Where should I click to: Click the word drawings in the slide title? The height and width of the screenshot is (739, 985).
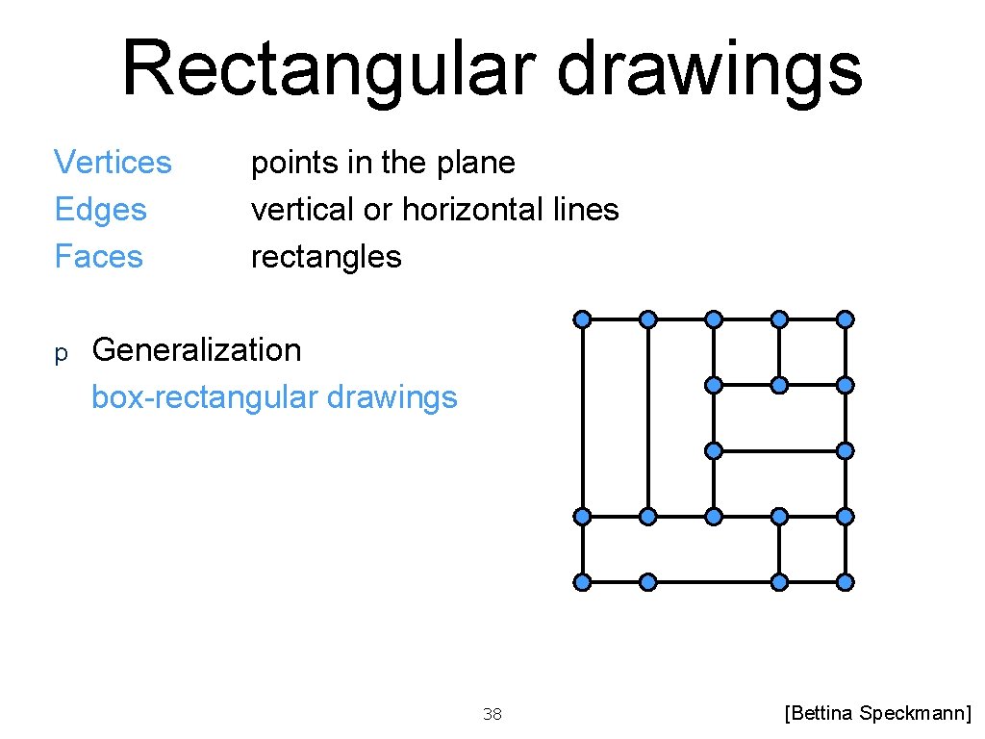(x=710, y=69)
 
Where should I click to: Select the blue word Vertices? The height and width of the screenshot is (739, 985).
(x=113, y=163)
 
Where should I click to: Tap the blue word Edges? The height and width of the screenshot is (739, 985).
(x=100, y=210)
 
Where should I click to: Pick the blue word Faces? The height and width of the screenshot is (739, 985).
(x=98, y=257)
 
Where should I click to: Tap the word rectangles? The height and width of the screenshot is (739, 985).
(x=326, y=257)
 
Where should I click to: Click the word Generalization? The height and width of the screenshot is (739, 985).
(x=196, y=350)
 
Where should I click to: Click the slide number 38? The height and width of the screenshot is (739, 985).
(x=492, y=714)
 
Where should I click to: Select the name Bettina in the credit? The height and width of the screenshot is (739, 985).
(x=821, y=713)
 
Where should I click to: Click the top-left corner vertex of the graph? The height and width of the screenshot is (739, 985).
(x=583, y=319)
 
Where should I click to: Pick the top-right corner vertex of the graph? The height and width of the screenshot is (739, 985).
(x=845, y=319)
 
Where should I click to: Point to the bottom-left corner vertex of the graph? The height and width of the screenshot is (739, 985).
(x=583, y=581)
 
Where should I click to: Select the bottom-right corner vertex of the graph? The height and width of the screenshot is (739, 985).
(x=845, y=581)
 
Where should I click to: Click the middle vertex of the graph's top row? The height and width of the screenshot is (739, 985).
(x=714, y=319)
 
